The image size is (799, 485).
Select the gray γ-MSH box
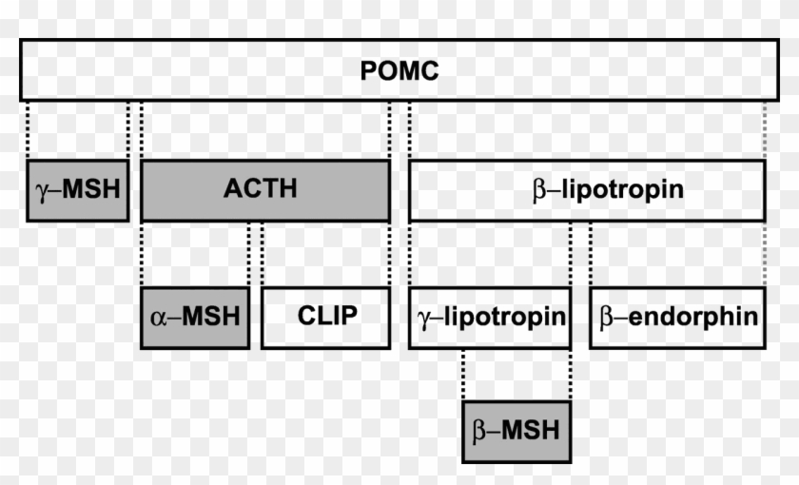coord(77,190)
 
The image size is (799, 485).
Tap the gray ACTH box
coord(264,190)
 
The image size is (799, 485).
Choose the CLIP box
coord(325,317)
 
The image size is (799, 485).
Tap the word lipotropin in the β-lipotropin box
coord(621,190)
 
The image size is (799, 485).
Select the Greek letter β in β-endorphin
coord(605,317)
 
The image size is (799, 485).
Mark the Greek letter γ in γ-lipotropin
coord(424,317)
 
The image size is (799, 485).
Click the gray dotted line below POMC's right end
coord(765,130)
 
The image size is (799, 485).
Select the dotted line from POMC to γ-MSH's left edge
coord(28,130)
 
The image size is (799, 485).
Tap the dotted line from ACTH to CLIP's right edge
coord(389,254)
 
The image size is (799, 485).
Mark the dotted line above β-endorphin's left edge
coord(591,254)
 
